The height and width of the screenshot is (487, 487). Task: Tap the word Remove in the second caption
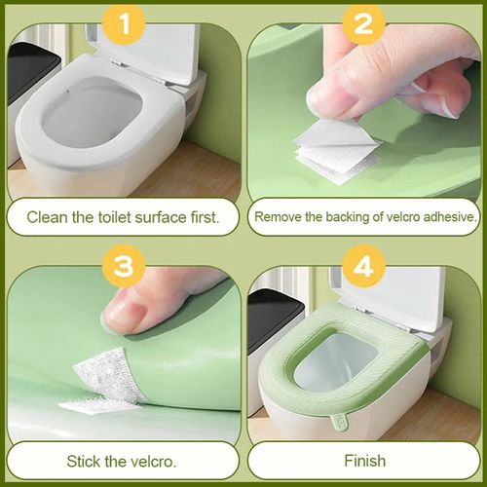280,216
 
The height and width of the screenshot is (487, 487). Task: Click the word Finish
364,460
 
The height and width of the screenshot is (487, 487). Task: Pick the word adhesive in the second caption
448,216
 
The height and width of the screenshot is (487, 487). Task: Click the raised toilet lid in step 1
151,39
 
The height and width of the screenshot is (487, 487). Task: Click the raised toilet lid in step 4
390,292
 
